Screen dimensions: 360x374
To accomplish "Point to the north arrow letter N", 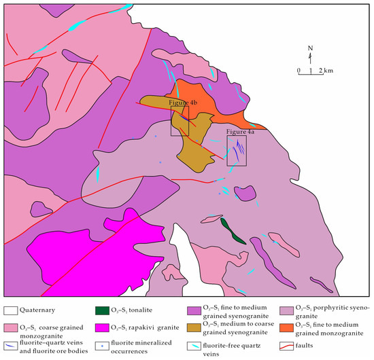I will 310,47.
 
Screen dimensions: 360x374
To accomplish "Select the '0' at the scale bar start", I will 299,71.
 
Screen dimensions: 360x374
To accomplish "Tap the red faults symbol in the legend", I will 286,346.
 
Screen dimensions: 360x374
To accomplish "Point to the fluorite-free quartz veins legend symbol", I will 193,346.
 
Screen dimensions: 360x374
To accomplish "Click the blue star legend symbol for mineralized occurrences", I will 100,346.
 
